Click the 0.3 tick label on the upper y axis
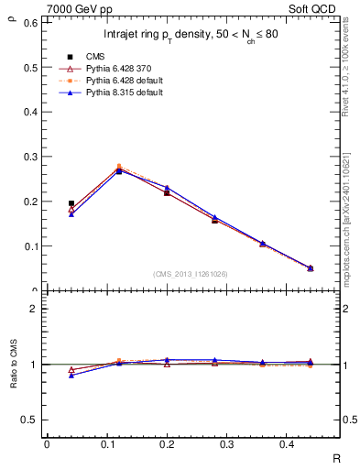click(28, 157)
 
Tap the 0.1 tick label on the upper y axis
click(28, 246)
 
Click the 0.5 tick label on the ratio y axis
click(28, 420)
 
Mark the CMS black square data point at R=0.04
click(71, 203)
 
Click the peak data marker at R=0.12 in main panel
click(119, 169)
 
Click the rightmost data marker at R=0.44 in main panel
click(310, 267)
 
